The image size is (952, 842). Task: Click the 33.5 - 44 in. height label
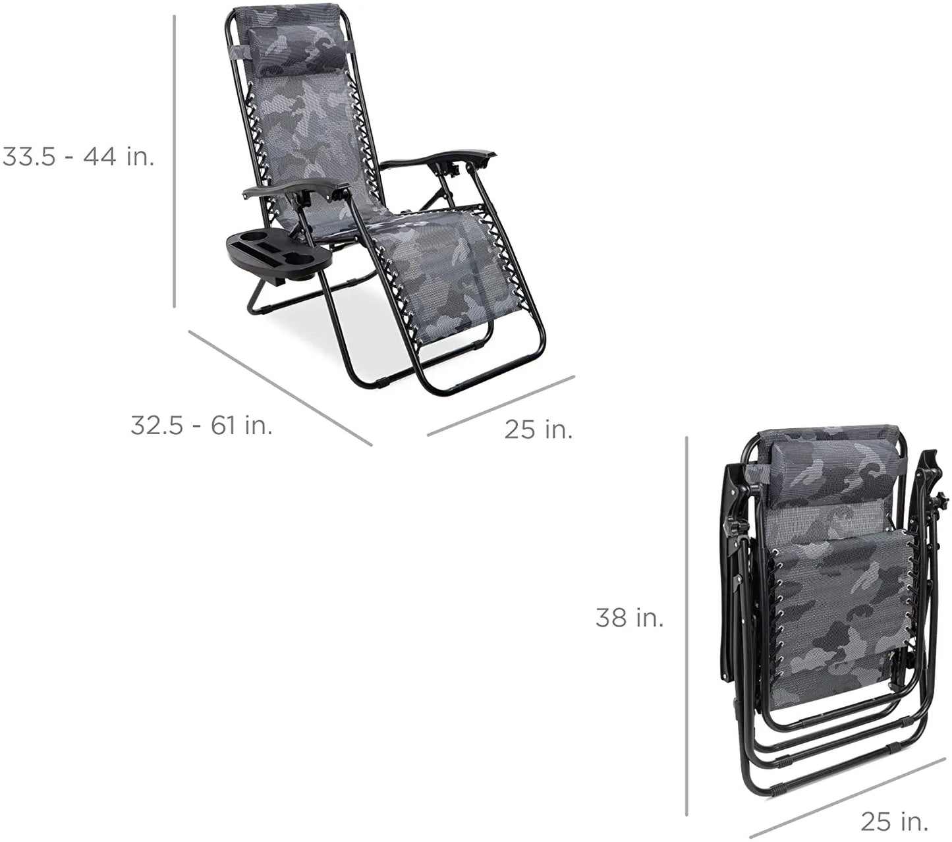coord(78,157)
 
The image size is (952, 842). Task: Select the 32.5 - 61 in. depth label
coord(202,426)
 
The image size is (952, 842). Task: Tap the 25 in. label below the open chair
coord(539,430)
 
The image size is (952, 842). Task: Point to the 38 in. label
coord(630,618)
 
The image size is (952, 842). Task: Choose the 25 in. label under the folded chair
coord(895,821)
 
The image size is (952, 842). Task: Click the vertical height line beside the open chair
coord(175,161)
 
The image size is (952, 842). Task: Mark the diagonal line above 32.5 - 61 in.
coord(280,387)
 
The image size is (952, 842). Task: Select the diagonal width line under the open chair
coord(501,406)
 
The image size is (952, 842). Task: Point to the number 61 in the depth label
coord(224,426)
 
